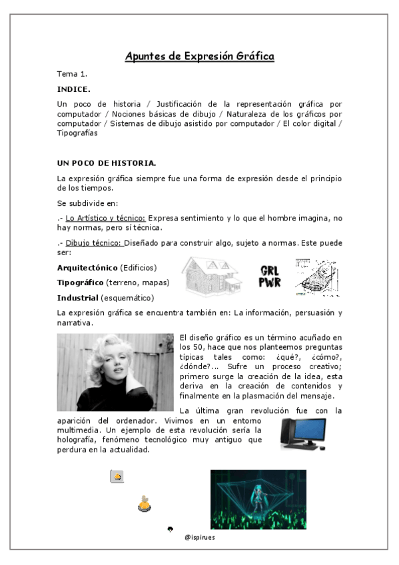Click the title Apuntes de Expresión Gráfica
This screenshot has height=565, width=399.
(x=199, y=56)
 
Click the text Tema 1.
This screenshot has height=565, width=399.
(x=72, y=73)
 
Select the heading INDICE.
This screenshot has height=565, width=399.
(x=73, y=89)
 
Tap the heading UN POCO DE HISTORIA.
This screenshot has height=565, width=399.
(x=107, y=163)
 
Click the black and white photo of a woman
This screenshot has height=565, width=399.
(x=115, y=372)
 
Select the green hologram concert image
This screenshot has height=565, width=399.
(x=258, y=499)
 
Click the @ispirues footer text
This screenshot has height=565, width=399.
(x=199, y=535)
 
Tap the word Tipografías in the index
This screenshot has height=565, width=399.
(x=77, y=133)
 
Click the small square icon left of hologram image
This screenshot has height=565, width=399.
(x=117, y=476)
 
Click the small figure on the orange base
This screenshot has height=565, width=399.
(x=144, y=504)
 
